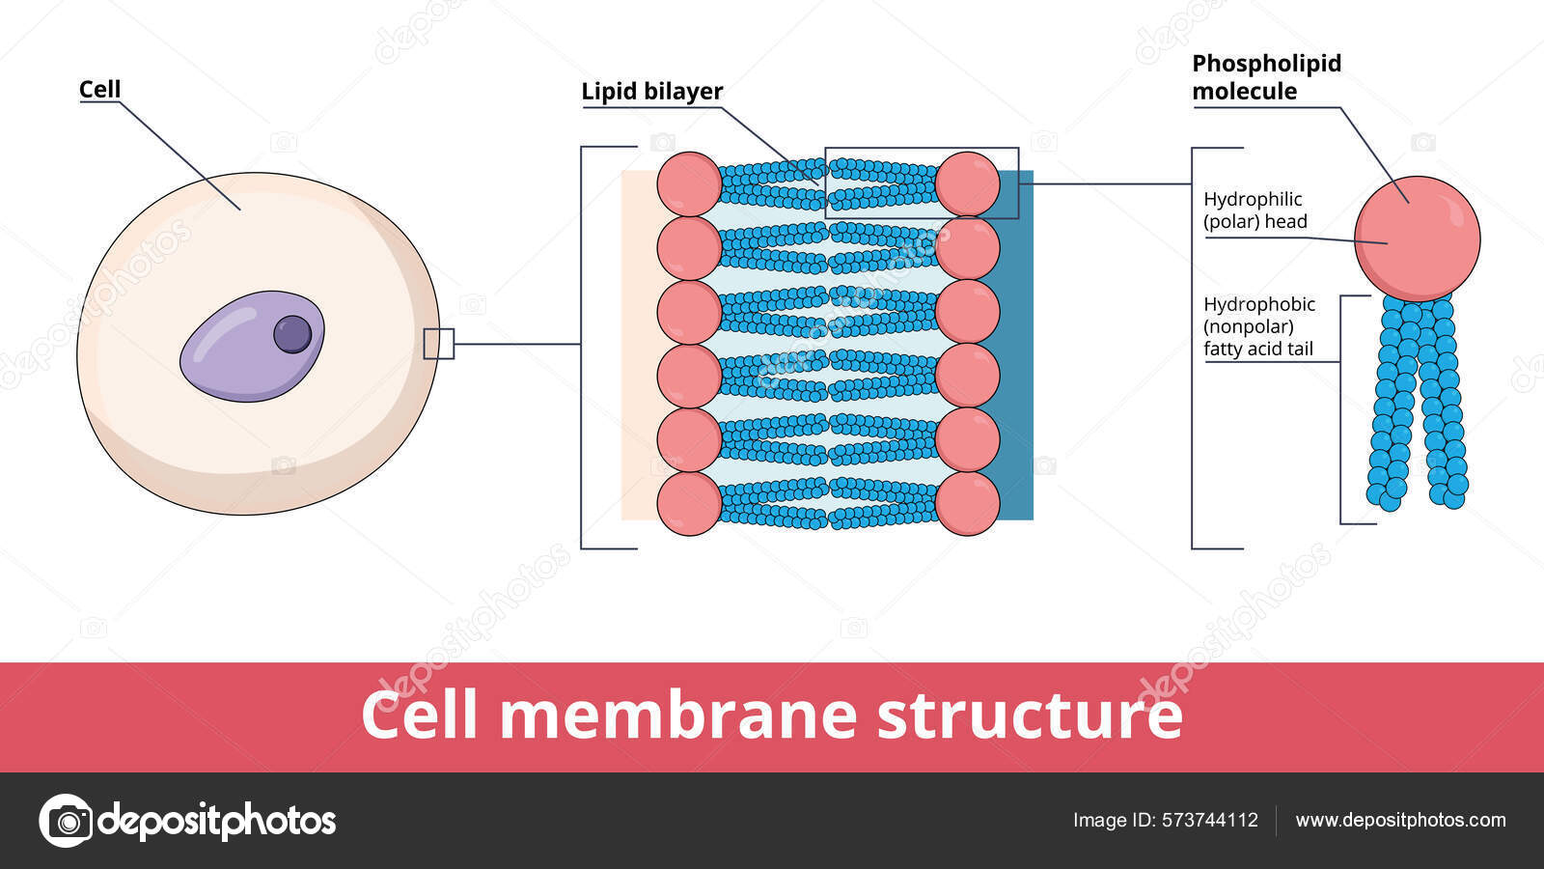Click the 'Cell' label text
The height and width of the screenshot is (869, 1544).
click(99, 90)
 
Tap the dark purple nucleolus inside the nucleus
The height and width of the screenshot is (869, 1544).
click(292, 334)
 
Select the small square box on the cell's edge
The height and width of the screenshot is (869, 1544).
click(438, 344)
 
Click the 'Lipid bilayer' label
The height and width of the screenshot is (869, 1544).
click(651, 92)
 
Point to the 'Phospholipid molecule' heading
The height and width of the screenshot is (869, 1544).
click(1265, 77)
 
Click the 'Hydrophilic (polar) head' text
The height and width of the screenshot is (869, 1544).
click(1254, 210)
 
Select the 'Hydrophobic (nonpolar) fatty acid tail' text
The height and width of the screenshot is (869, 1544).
click(1258, 326)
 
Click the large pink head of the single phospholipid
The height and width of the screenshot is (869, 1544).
click(1416, 238)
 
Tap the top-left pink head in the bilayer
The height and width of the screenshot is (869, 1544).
click(689, 183)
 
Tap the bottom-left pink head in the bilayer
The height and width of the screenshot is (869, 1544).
click(689, 504)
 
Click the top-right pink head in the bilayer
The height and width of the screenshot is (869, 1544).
click(967, 183)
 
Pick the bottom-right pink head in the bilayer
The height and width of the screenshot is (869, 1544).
click(967, 504)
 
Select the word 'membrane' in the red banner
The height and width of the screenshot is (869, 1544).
click(677, 715)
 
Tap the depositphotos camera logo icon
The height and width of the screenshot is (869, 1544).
click(66, 821)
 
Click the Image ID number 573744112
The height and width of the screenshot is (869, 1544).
click(1210, 820)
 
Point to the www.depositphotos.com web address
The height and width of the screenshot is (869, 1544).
click(1400, 820)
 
